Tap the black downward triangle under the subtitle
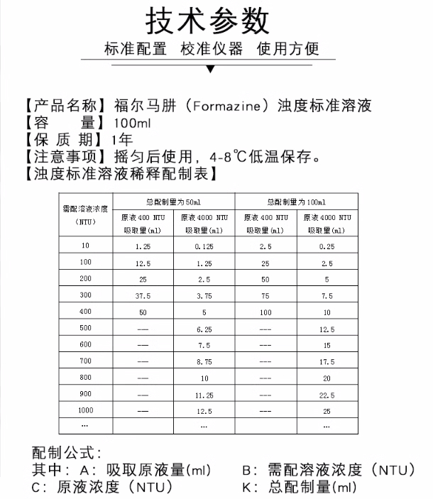point(209,70)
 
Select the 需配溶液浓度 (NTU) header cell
point(84,214)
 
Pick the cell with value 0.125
point(204,246)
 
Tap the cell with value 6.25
point(204,329)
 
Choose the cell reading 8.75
point(204,362)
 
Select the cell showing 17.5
point(327,362)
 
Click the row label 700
point(85,362)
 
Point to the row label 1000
point(85,411)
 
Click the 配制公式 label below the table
point(67,453)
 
